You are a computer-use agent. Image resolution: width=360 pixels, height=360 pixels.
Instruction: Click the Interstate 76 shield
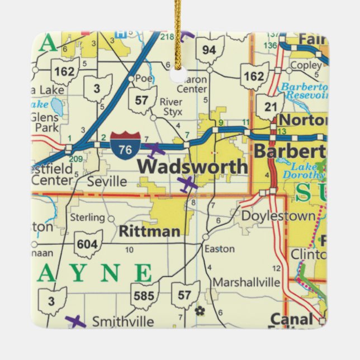tap(122, 144)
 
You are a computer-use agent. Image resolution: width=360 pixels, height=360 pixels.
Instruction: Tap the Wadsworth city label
tap(192, 167)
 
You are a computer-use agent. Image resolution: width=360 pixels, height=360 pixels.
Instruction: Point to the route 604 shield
tap(88, 244)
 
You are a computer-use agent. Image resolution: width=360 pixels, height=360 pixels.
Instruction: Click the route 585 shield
tap(144, 296)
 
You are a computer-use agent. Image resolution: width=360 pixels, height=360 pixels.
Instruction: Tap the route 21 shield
tap(270, 107)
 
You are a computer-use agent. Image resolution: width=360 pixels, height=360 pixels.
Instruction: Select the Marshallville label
tap(247, 282)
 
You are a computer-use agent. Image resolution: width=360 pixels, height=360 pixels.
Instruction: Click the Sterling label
tap(87, 217)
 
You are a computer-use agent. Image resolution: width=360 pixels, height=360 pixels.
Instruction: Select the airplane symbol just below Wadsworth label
tap(187, 183)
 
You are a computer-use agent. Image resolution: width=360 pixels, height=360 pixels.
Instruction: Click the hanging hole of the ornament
tap(179, 75)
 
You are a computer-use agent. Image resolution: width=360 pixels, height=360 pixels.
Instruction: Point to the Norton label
tap(302, 120)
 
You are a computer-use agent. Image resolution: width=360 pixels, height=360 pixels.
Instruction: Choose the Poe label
tap(144, 79)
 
